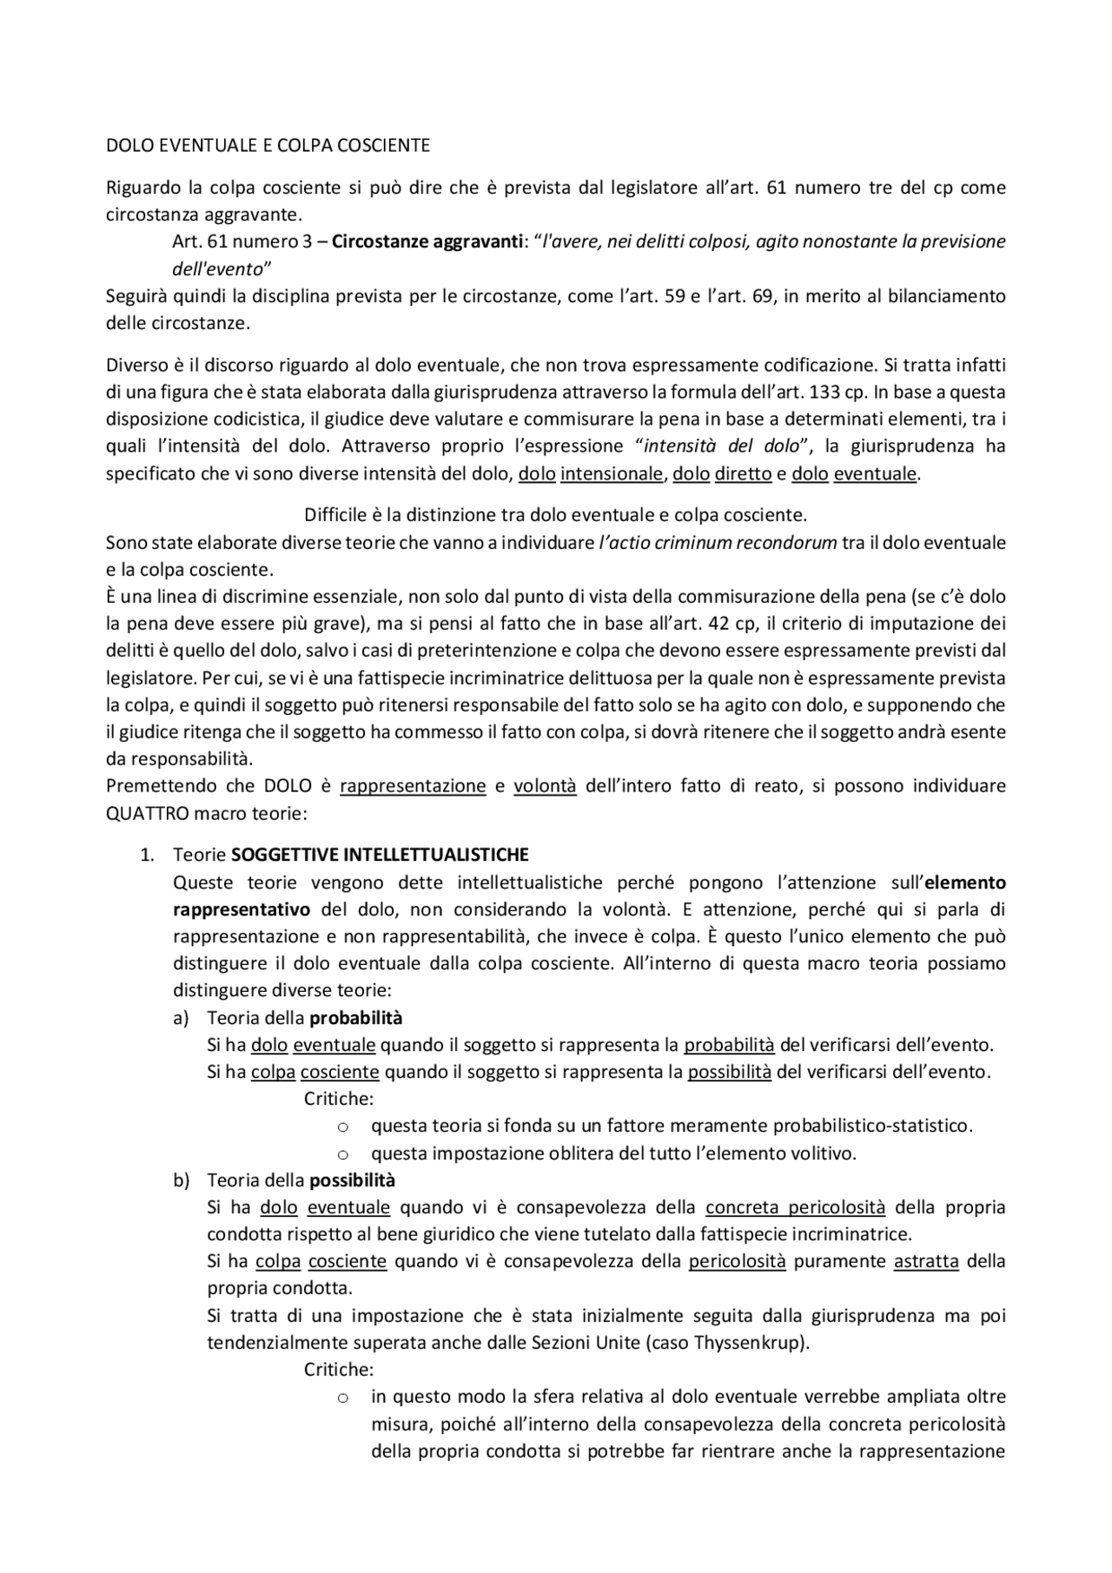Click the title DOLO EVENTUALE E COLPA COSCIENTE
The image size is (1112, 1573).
point(268,146)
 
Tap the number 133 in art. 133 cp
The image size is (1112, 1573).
point(824,392)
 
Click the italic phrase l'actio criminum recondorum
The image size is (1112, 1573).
point(718,543)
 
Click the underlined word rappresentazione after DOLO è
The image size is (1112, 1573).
point(413,786)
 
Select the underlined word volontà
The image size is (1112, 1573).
point(545,786)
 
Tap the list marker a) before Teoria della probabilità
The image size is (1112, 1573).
point(181,1017)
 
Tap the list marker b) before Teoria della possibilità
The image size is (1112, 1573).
point(181,1180)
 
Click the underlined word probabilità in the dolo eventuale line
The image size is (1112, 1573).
point(729,1045)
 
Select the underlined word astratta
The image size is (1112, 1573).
point(926,1261)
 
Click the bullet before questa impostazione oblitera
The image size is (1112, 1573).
point(342,1154)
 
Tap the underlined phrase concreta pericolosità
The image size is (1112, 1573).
point(795,1207)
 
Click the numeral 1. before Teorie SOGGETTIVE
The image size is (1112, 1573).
point(147,855)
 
